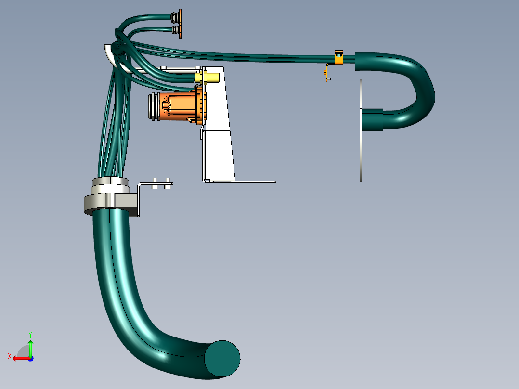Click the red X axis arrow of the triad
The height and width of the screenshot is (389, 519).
pyautogui.click(x=19, y=358)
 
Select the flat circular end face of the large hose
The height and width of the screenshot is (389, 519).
pyautogui.click(x=222, y=359)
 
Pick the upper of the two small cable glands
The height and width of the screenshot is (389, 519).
pyautogui.click(x=176, y=17)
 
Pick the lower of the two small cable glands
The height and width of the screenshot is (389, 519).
pyautogui.click(x=177, y=31)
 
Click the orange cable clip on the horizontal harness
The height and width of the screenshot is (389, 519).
pyautogui.click(x=338, y=56)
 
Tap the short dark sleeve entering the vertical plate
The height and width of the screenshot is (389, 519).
pyautogui.click(x=372, y=119)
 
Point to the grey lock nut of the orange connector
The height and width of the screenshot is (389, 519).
pyautogui.click(x=154, y=106)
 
